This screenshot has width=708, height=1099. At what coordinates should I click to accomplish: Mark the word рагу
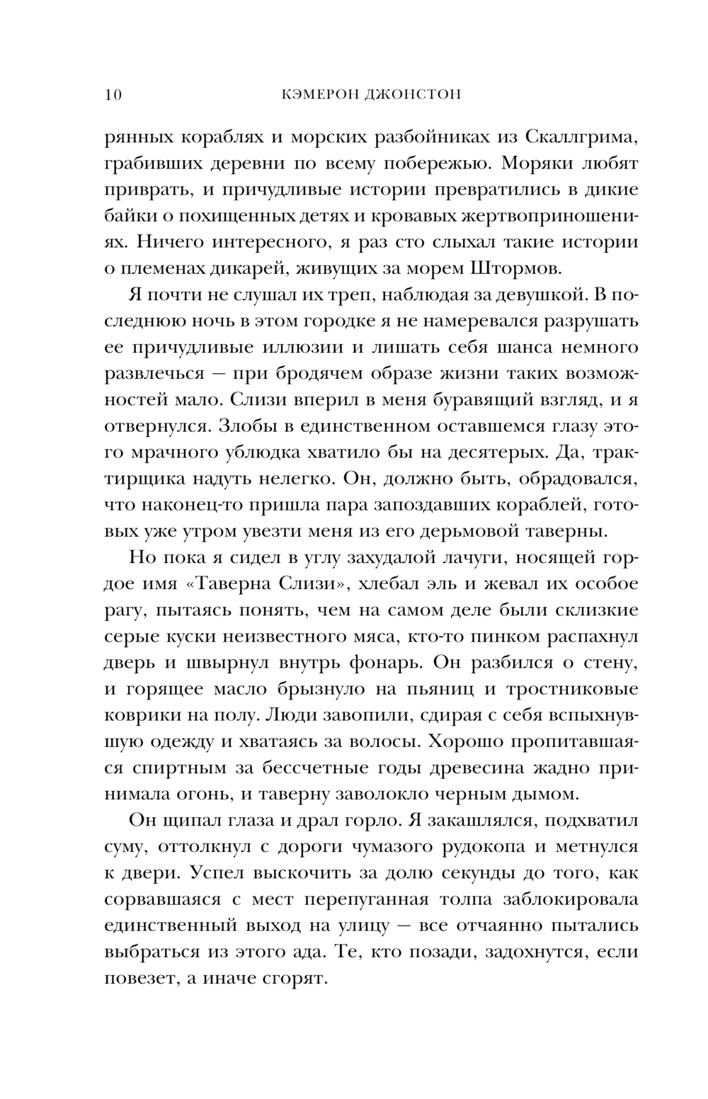125,610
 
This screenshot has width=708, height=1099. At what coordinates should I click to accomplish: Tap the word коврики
138,714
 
